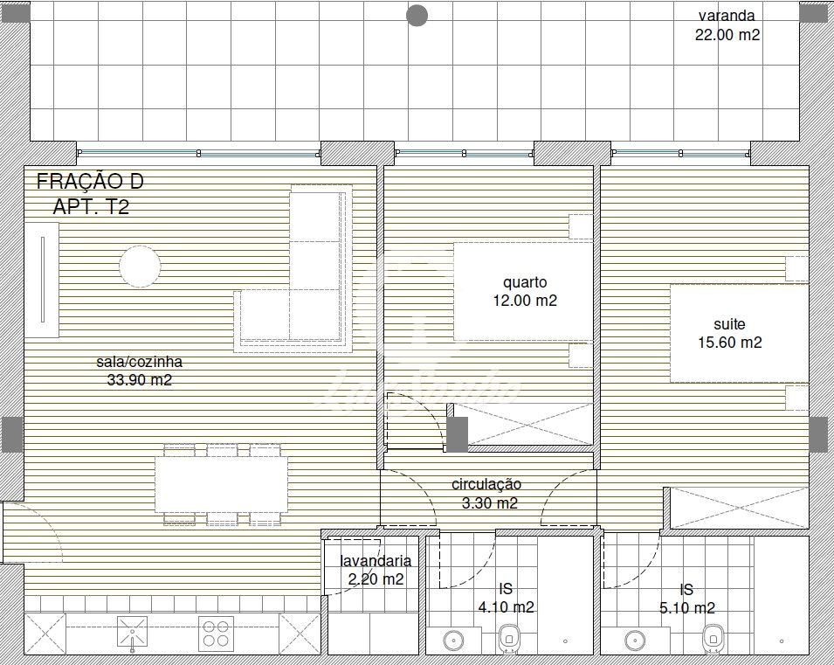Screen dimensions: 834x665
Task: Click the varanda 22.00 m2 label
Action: click(x=727, y=25)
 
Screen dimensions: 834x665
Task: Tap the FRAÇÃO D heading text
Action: click(x=90, y=182)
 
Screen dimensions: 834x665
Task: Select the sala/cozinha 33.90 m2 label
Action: click(x=140, y=371)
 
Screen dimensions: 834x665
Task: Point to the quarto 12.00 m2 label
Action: click(x=525, y=291)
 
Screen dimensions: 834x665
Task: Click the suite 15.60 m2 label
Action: click(x=730, y=333)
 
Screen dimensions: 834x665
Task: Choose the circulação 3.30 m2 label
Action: click(x=486, y=494)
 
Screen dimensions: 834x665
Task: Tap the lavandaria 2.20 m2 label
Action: click(x=376, y=570)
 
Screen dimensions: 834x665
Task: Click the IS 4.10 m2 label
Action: click(x=506, y=598)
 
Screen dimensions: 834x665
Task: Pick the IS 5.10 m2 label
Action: click(x=686, y=599)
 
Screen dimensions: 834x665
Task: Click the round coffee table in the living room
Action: click(x=140, y=267)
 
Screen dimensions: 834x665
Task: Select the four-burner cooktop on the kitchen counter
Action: click(x=216, y=634)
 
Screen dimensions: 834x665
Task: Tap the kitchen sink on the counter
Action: click(x=132, y=633)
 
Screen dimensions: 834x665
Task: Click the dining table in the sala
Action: click(x=221, y=484)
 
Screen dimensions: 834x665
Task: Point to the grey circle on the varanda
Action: click(x=417, y=16)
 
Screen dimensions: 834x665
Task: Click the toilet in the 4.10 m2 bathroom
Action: click(x=509, y=638)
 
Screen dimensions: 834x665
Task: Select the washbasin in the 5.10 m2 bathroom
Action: click(x=635, y=641)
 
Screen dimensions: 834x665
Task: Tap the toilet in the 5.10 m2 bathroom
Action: click(x=713, y=638)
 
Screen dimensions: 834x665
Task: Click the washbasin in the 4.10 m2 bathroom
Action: click(x=454, y=641)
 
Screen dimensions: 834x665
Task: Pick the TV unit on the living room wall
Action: click(x=42, y=280)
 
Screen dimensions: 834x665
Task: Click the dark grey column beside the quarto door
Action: click(x=457, y=434)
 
